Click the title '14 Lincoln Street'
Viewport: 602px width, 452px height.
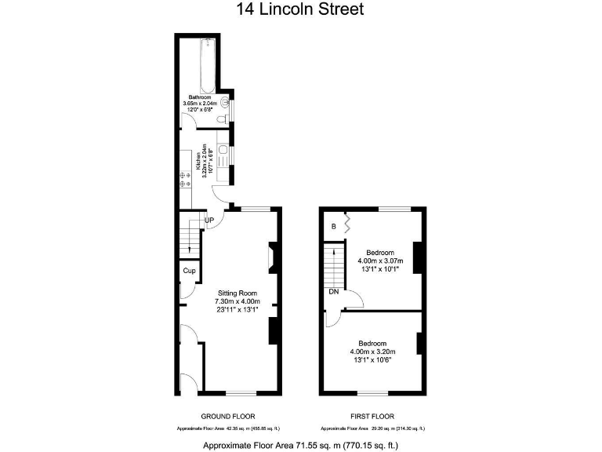coord(300,10)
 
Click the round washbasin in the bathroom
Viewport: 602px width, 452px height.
coord(226,102)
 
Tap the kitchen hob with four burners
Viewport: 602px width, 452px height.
coord(186,184)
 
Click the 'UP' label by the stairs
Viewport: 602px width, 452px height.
coord(209,221)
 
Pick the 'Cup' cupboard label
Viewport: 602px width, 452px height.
coord(188,271)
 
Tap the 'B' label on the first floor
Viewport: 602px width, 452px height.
coord(334,227)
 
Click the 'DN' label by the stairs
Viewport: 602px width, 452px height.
coord(334,291)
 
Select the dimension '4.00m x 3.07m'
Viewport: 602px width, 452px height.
coord(380,261)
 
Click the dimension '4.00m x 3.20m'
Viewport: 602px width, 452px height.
coord(372,352)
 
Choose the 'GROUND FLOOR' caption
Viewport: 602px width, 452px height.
coord(228,416)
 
